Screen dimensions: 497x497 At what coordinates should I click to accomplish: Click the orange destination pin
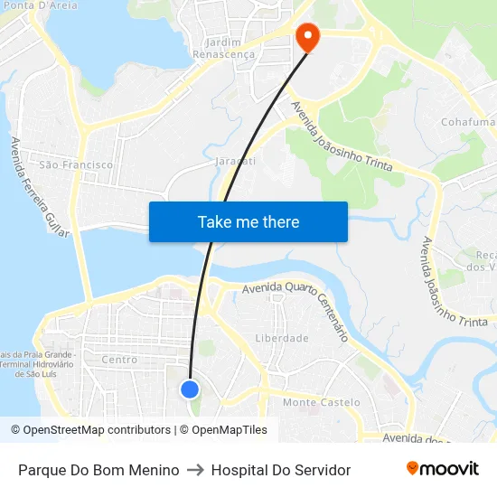[308, 37]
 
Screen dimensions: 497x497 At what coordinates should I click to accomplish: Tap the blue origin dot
[190, 389]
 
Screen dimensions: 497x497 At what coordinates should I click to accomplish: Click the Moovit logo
[442, 469]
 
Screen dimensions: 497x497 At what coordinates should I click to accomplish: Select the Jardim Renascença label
[224, 48]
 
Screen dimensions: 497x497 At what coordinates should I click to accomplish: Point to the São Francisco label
[77, 164]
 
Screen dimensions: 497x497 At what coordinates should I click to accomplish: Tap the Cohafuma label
[467, 122]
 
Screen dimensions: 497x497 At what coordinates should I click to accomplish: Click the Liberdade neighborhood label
[282, 338]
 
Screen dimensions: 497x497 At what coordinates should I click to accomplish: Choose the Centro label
[119, 360]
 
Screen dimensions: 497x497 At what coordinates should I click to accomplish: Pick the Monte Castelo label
[322, 402]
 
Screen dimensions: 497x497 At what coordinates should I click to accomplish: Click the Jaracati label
[237, 161]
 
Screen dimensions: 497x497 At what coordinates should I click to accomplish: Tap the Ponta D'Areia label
[40, 5]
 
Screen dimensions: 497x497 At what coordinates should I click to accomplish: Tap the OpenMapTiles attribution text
[229, 430]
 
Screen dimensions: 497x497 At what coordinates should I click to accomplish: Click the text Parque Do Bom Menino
[98, 470]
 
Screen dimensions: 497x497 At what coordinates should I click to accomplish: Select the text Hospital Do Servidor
[280, 470]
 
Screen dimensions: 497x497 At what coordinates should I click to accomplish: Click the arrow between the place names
[195, 470]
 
